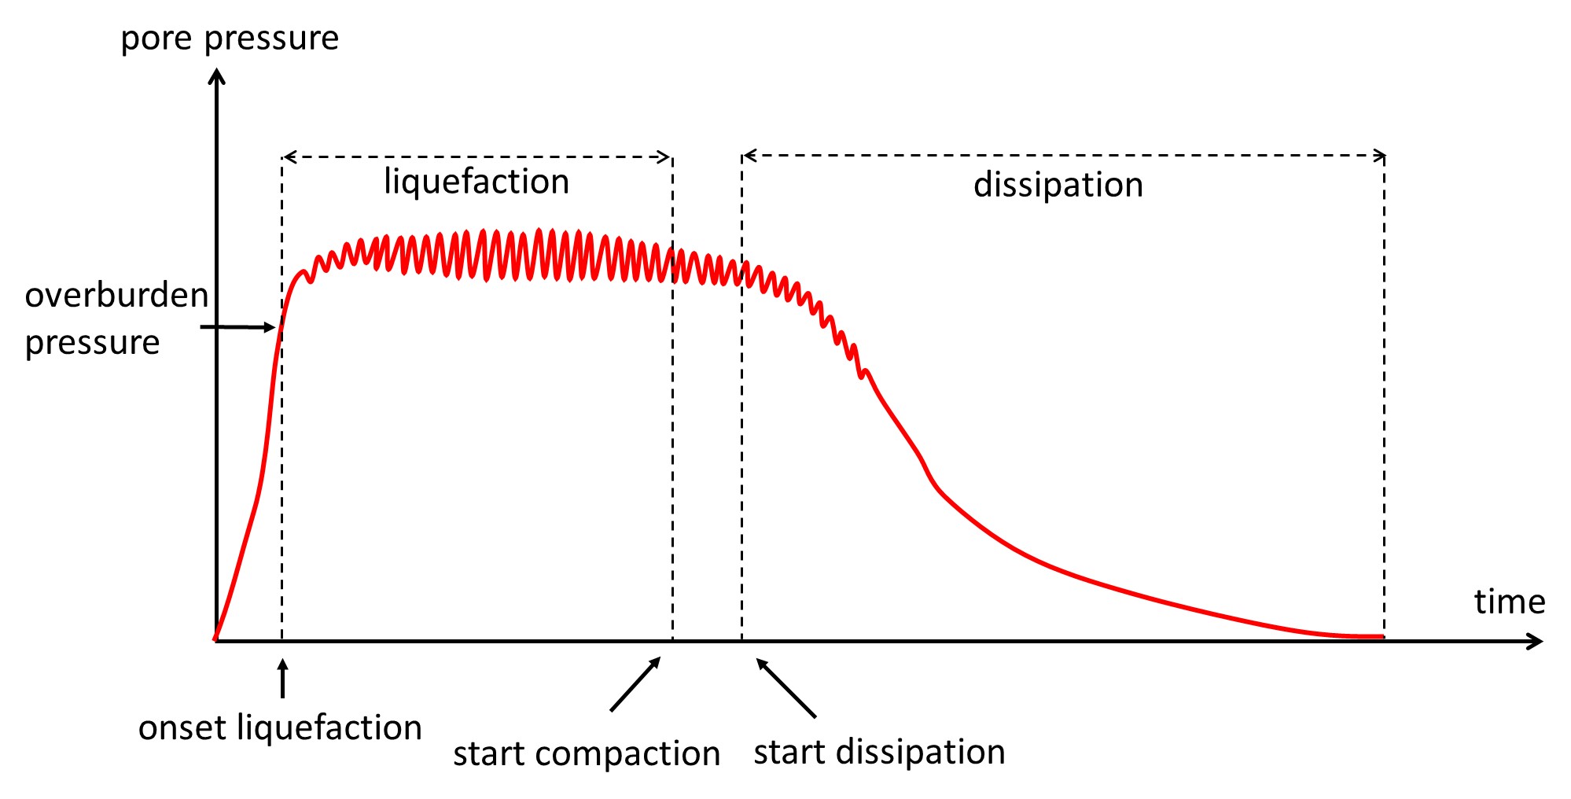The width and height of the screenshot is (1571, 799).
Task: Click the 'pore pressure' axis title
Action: coord(230,39)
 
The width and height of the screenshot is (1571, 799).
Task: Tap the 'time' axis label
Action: coord(1509,602)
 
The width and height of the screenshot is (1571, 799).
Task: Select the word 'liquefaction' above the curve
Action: coord(476,182)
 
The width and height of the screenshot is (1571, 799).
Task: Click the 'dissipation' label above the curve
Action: coord(1058,185)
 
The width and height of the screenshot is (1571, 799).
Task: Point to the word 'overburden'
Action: coord(116,296)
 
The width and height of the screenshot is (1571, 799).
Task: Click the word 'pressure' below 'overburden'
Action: coord(92,343)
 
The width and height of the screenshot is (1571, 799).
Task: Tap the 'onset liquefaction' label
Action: coord(280,727)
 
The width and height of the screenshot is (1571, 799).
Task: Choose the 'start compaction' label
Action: coord(587,753)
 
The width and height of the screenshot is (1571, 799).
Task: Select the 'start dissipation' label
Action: coord(879,752)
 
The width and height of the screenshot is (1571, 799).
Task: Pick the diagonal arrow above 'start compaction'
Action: coord(635,684)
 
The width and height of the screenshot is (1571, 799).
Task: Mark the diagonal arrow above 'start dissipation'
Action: coord(786,687)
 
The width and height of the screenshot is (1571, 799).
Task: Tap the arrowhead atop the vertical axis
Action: coord(217,76)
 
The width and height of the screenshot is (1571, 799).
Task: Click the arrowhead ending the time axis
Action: coord(1536,642)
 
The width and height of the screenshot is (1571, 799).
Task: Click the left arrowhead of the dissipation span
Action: coord(749,156)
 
